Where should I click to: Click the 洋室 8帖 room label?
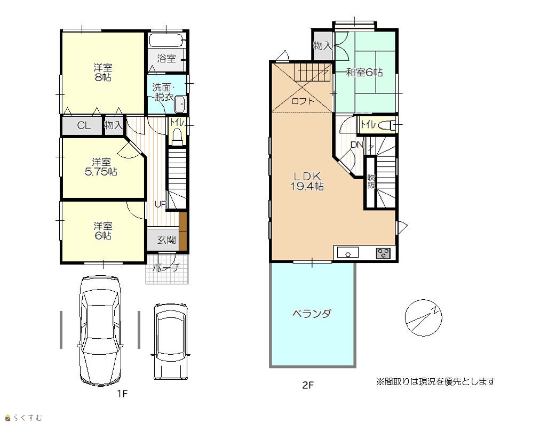click(102, 73)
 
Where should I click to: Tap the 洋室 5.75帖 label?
click(101, 167)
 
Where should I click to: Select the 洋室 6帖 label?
click(102, 231)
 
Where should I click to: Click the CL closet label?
click(84, 126)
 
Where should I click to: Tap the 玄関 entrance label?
click(166, 240)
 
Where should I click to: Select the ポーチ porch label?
click(166, 267)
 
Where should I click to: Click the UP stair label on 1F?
click(161, 204)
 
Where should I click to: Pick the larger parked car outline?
click(100, 330)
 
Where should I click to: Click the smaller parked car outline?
click(171, 341)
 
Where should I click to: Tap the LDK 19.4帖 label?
click(307, 181)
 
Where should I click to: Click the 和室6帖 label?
click(364, 73)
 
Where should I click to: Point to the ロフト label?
click(303, 101)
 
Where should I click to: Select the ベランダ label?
click(312, 314)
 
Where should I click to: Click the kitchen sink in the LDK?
click(348, 253)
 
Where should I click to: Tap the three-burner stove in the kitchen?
click(383, 253)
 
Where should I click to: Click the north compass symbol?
click(423, 317)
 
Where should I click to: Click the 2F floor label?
click(308, 385)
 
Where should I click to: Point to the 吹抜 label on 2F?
click(371, 182)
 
